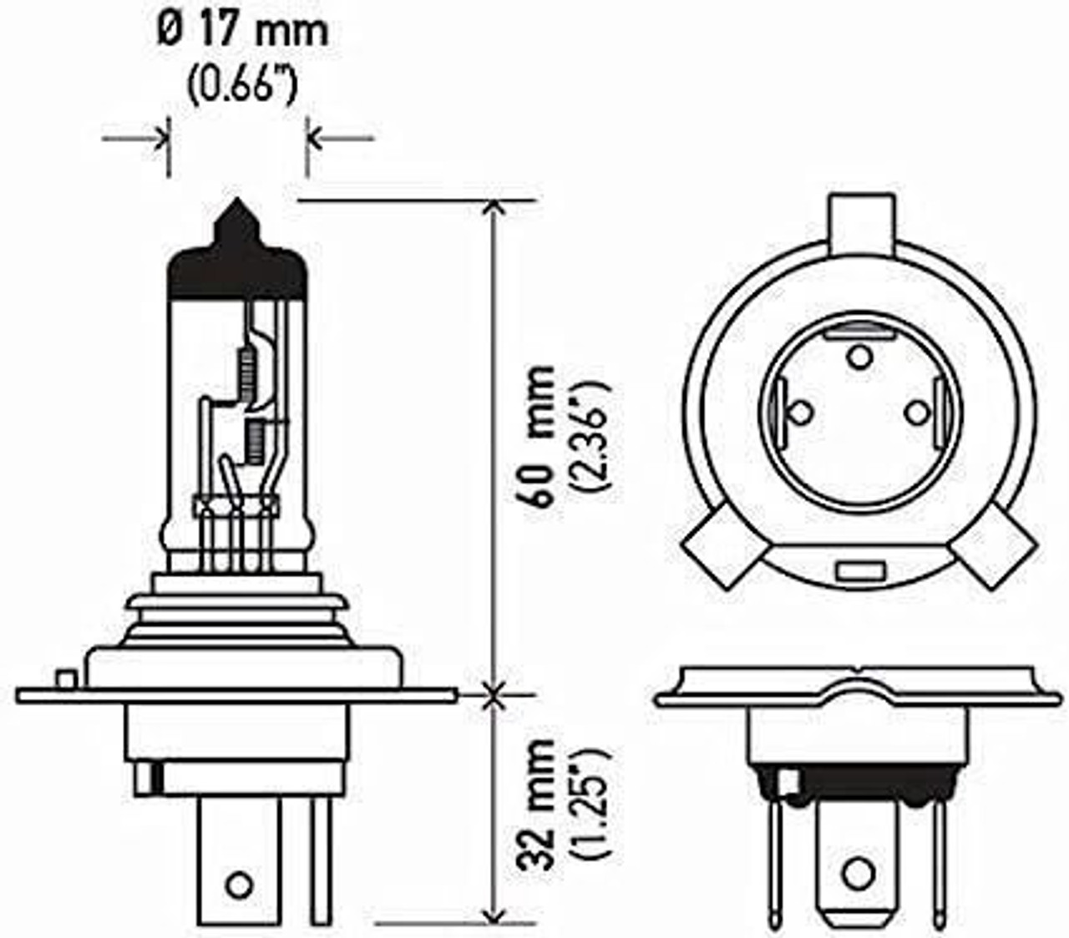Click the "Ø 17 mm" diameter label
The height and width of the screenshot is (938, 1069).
(x=242, y=33)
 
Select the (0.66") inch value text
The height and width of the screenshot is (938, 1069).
(x=241, y=85)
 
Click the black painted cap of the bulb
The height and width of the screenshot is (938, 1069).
(x=238, y=267)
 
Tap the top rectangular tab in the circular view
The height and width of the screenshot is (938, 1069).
(x=859, y=221)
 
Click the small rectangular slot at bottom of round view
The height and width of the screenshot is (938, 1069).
(x=859, y=572)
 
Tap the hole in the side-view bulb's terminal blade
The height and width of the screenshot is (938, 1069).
(x=240, y=881)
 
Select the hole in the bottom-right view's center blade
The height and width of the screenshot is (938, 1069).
(x=858, y=873)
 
